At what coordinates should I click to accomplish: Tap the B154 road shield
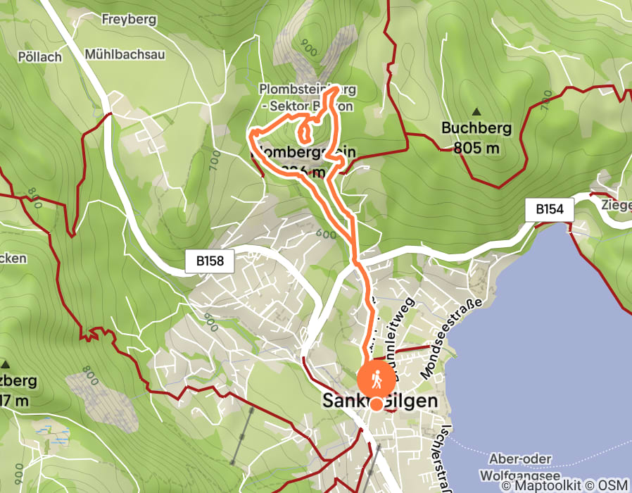point(550,209)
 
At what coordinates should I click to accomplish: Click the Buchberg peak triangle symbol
point(476,111)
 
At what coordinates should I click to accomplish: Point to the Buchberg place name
point(476,128)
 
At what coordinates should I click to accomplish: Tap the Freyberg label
point(129,19)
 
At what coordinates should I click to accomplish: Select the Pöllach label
point(42,57)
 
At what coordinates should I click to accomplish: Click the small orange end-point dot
point(377,404)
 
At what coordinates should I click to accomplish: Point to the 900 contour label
point(308,47)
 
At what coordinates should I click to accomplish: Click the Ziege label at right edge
point(616,205)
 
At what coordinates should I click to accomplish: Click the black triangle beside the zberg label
point(6,364)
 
